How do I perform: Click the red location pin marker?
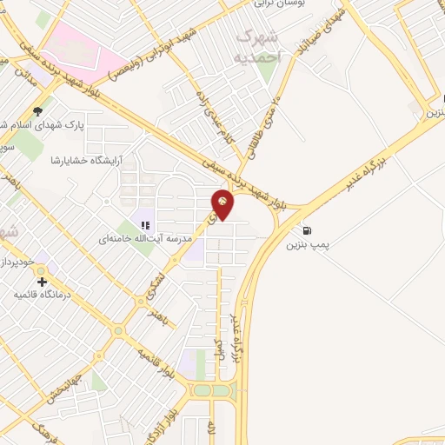pyautogui.click(x=223, y=203)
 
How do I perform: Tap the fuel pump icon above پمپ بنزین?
pyautogui.click(x=307, y=230)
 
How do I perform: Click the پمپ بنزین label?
pyautogui.click(x=308, y=245)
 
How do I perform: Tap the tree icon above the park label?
pyautogui.click(x=37, y=111)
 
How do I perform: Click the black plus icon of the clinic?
pyautogui.click(x=41, y=282)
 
